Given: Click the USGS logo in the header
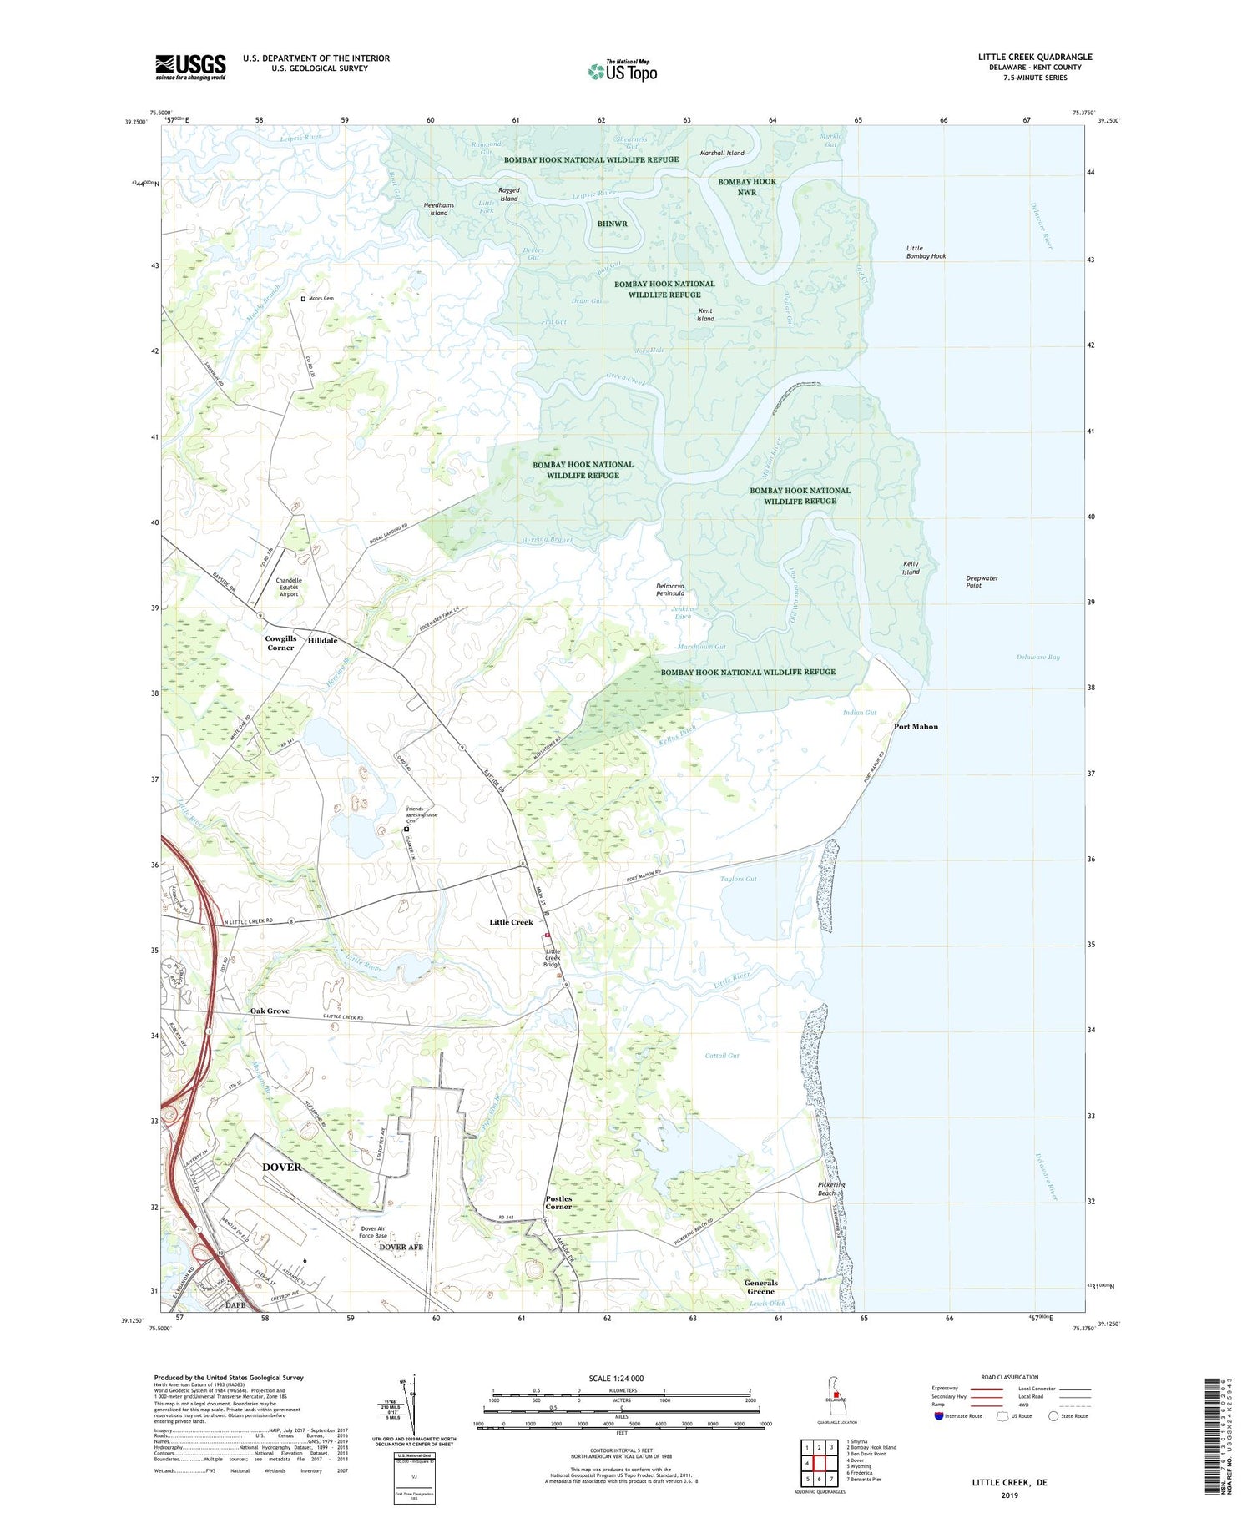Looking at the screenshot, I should tap(190, 67).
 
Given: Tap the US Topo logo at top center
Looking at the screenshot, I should tap(623, 71).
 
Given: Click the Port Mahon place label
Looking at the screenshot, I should tap(916, 727).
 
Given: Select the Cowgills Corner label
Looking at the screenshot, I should tap(280, 643).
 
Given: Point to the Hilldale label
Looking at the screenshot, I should tap(322, 640).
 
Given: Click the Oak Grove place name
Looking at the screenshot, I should tap(270, 1011).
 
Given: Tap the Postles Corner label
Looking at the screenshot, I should tap(558, 1203).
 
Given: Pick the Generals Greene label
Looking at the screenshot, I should tap(760, 1287).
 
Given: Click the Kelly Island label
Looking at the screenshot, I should tap(911, 568).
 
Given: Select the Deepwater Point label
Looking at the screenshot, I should tap(982, 582).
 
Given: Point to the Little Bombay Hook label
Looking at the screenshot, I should tap(926, 252).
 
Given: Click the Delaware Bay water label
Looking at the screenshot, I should tap(1037, 658).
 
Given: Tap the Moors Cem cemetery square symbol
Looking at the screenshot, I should tap(304, 298).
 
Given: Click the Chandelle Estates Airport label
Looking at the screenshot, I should tap(289, 587).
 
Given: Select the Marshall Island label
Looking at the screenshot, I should tap(722, 153).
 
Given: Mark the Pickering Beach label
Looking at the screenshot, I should tap(831, 1188).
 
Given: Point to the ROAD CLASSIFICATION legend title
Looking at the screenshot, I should tap(1009, 1377).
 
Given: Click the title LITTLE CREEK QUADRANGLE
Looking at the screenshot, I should tap(1035, 57).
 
